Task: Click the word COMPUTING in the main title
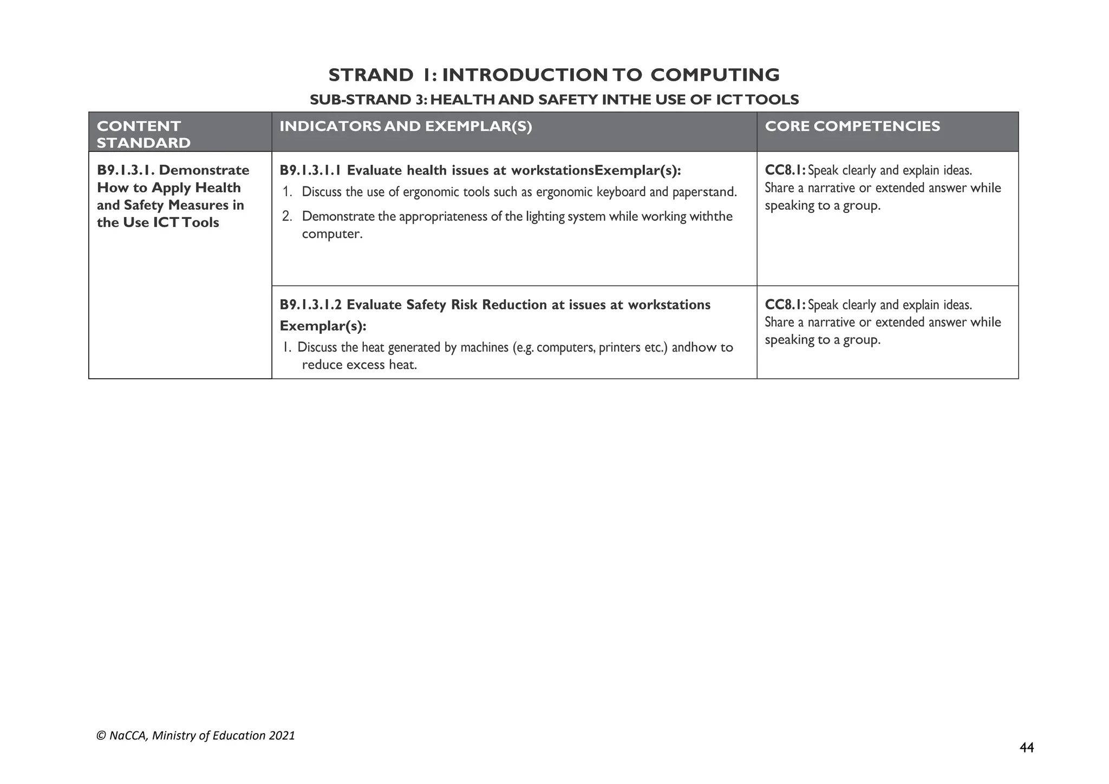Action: [x=715, y=75]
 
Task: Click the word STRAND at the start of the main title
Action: [x=371, y=75]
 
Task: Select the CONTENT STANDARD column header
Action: [x=143, y=134]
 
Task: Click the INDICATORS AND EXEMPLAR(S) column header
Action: [x=406, y=126]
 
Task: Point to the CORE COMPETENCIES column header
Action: [x=852, y=126]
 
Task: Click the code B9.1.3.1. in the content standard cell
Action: [x=126, y=170]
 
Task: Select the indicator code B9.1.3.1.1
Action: [x=310, y=171]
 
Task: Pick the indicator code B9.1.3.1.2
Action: [x=310, y=305]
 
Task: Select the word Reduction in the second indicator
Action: [x=514, y=305]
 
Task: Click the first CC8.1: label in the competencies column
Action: [x=785, y=171]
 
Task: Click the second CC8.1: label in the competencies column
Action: [x=785, y=305]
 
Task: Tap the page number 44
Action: [x=1026, y=748]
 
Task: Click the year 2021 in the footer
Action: [x=282, y=736]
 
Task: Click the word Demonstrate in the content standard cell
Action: [x=204, y=170]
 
